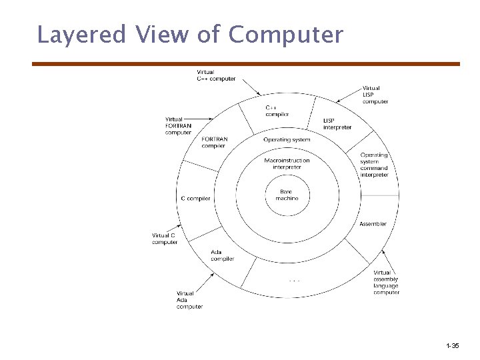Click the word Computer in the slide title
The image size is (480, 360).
(286, 35)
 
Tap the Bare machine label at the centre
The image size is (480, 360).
(287, 195)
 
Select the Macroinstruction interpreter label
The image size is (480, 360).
(287, 163)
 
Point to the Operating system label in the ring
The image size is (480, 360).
(287, 140)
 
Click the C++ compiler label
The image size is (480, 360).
(277, 111)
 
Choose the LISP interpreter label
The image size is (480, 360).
(337, 124)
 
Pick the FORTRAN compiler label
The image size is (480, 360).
(214, 143)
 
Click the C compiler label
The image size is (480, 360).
(195, 198)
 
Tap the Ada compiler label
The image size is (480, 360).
(222, 255)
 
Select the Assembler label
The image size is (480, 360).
(373, 224)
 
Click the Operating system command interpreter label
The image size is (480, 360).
(374, 165)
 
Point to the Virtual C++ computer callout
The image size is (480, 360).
(216, 75)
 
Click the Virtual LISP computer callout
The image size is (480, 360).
(375, 95)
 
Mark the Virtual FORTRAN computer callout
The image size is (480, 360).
(178, 126)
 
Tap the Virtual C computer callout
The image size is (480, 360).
(165, 239)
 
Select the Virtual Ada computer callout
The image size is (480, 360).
(189, 300)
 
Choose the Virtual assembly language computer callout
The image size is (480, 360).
(386, 283)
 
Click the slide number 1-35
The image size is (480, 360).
(452, 346)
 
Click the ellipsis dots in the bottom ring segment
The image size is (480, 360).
(295, 281)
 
